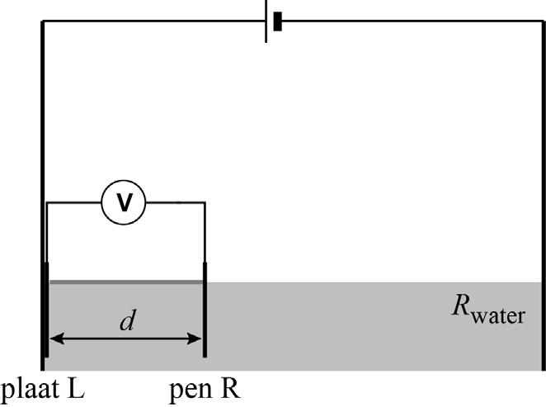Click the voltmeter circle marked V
pos(124,202)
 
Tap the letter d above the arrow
pos(127,320)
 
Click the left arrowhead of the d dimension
pos(57,338)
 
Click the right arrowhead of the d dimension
pos(195,338)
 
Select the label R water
pos(488,309)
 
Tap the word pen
pos(191,391)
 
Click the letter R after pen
pos(230,388)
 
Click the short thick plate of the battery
pos(277,21)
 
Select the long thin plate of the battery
pos(266,21)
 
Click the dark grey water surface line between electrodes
pos(126,282)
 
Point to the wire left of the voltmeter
pos(74,202)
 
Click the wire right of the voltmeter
pos(175,202)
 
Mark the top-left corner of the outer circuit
pos(43,21)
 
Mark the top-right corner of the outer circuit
pos(544,21)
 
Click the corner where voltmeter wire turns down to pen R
pos(205,202)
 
